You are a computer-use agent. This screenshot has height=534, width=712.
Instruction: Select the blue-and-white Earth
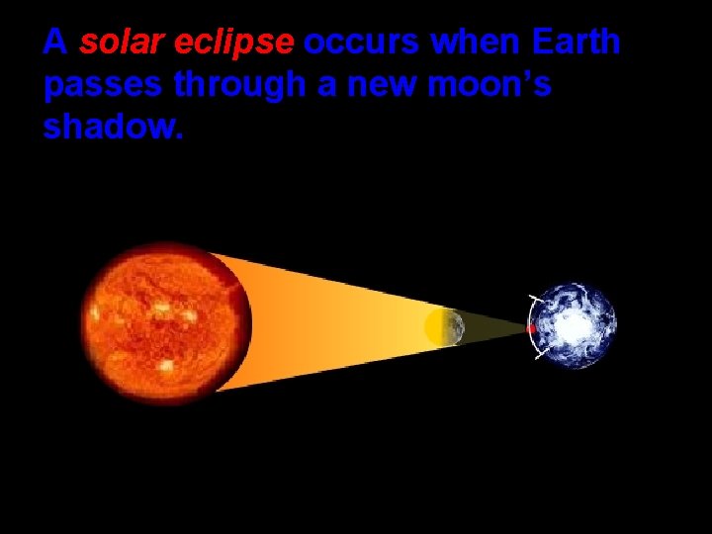click(x=574, y=325)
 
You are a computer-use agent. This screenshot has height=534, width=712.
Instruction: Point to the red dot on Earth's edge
click(x=532, y=328)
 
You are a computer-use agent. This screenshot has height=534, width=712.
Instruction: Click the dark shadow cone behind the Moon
click(x=494, y=327)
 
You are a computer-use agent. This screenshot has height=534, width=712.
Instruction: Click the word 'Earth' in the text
click(x=576, y=43)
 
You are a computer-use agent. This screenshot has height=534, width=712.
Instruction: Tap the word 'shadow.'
click(x=113, y=129)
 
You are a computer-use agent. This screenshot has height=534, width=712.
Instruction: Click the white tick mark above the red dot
click(x=535, y=299)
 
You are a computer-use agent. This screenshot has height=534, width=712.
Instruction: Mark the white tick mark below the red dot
click(x=540, y=355)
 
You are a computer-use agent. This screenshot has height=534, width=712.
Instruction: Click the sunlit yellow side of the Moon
click(x=434, y=327)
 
